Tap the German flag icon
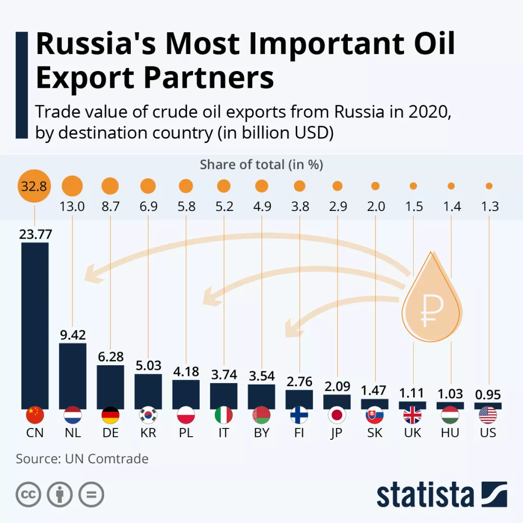point(110,415)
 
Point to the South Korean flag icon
point(148,415)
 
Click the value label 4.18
point(186,371)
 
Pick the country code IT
point(224,433)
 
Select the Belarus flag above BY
point(261,415)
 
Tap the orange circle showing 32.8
point(34,186)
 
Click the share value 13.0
point(73,207)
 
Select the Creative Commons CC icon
point(29,494)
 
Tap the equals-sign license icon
point(91,494)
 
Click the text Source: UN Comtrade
point(82,459)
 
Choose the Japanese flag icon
point(337,415)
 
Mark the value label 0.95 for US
point(488,395)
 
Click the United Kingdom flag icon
point(413,415)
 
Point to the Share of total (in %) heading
point(261,164)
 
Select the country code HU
point(450,433)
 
